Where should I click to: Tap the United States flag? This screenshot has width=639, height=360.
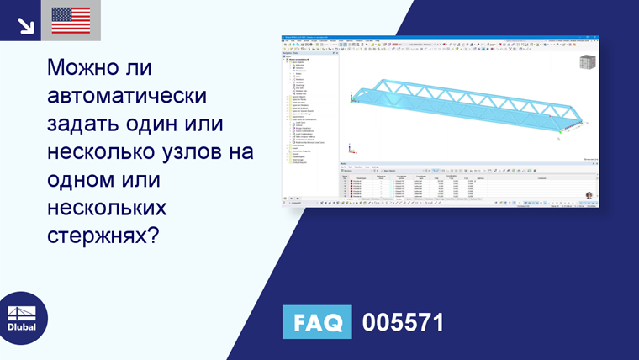tap(71, 20)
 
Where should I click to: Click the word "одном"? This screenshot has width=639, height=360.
tap(87, 181)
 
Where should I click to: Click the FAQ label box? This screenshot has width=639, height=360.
tap(316, 322)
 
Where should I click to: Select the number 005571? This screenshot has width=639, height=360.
tap(402, 322)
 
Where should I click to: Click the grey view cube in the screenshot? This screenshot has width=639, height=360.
tap(588, 63)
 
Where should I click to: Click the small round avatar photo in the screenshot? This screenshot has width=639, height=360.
tap(589, 195)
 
